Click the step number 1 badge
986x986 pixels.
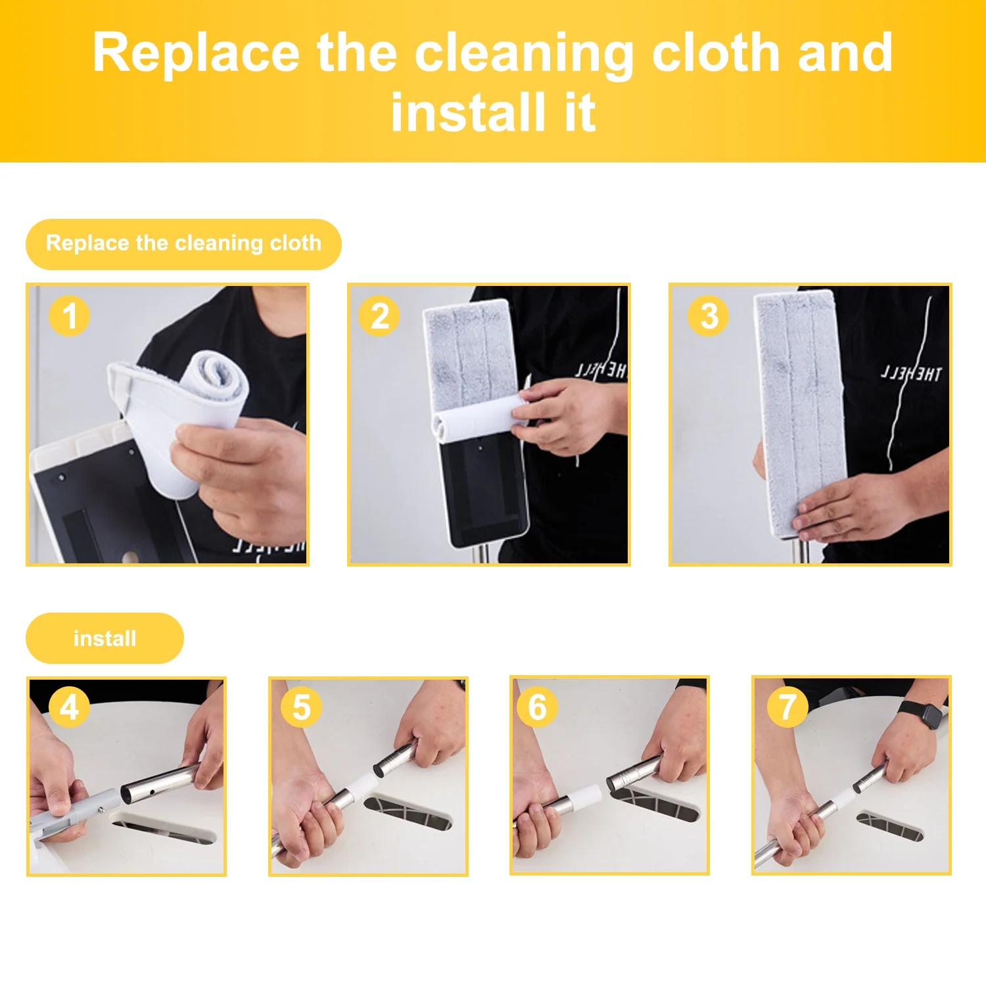click(69, 316)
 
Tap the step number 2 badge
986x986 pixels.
click(379, 316)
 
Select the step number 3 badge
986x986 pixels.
click(709, 316)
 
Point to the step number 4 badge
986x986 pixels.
click(69, 707)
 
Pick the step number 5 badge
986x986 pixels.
click(301, 707)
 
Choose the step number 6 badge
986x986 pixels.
click(537, 707)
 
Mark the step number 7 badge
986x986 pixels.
click(787, 707)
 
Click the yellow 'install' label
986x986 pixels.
click(105, 638)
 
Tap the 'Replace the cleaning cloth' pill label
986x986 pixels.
click(183, 244)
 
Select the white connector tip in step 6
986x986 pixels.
click(585, 797)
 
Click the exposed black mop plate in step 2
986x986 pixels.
click(483, 490)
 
